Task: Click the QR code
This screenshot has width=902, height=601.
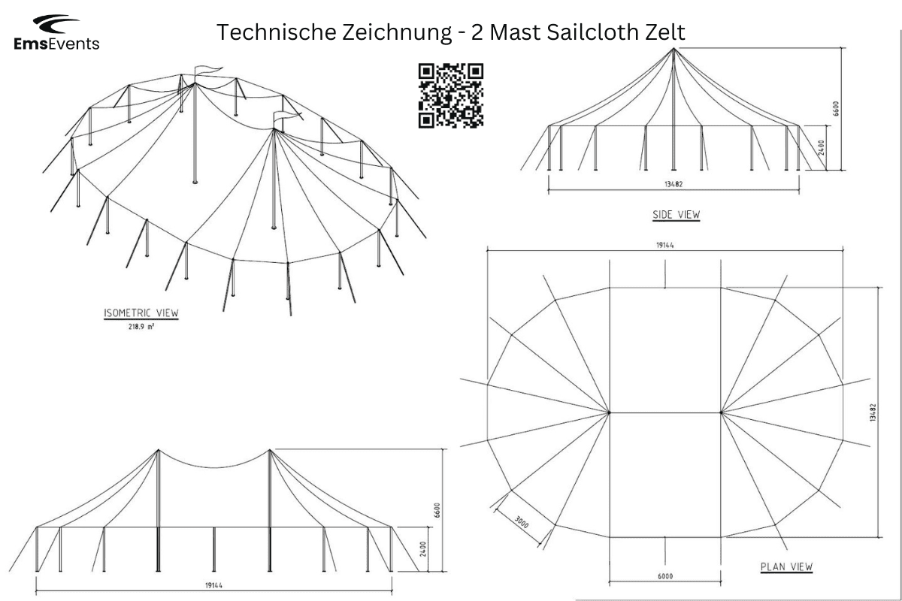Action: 450,96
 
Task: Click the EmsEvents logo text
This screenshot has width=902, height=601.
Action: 56,44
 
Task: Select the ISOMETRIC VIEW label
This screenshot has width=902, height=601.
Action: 141,313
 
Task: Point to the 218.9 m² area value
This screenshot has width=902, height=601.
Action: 141,327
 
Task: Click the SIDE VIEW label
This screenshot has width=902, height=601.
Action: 676,215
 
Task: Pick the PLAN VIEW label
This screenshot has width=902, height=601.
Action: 786,566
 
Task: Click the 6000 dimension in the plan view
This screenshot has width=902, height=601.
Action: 665,576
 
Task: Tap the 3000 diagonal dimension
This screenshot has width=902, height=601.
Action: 522,523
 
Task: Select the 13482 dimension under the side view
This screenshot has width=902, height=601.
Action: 673,184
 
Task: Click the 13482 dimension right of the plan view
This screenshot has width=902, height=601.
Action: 873,412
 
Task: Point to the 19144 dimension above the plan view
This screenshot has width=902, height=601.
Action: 664,245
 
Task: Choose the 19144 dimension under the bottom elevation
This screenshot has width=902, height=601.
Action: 213,585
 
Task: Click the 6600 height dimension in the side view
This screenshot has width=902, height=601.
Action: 836,109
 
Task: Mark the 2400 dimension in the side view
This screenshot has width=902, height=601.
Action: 821,147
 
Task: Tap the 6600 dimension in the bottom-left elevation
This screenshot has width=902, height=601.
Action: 437,510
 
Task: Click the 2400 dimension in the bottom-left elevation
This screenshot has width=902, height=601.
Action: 422,549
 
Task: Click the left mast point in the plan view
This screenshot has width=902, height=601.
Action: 609,412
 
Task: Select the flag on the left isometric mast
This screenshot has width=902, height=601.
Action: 208,71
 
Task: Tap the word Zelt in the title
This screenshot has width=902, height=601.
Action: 665,32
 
